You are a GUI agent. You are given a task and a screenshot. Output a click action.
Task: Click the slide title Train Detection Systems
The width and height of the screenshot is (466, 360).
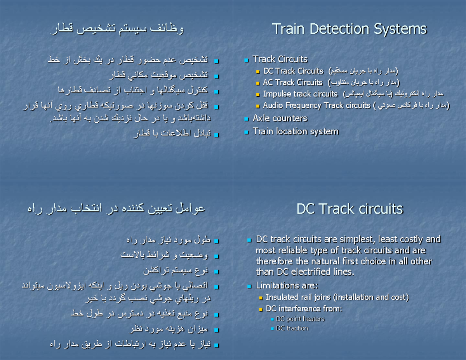349,29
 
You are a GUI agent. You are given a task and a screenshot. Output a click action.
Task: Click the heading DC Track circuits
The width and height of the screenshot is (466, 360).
349,209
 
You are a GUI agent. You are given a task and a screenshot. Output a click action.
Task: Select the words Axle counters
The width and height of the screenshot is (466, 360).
280,118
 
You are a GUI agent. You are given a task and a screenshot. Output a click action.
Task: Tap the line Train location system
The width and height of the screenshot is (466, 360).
296,131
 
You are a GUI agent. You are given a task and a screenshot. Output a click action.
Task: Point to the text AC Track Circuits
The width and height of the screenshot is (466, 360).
292,82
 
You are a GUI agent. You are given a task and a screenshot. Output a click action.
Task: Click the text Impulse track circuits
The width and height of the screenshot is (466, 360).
300,94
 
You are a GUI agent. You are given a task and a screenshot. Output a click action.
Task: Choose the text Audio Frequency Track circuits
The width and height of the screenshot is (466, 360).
316,105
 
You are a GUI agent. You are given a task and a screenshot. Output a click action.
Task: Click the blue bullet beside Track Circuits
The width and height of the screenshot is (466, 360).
246,60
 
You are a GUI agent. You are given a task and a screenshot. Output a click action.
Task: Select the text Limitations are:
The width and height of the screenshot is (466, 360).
287,286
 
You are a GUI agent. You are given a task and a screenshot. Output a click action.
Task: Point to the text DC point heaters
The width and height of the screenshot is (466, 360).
300,319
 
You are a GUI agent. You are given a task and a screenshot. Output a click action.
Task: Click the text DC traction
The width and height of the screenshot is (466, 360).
292,328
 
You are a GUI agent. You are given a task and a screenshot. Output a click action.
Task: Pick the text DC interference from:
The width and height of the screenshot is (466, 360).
304,309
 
